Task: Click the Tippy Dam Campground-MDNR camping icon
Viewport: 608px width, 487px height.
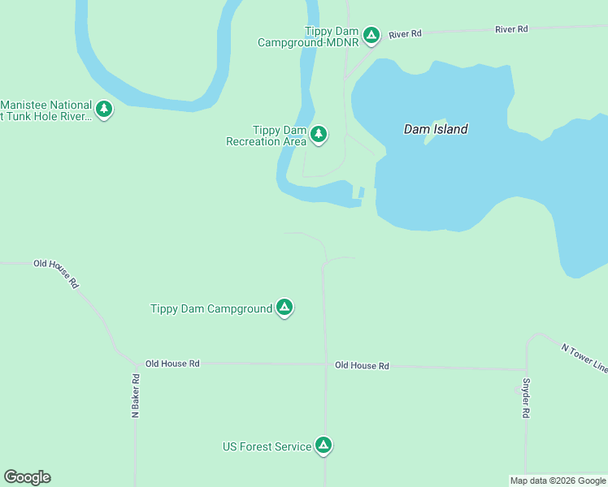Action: (371, 34)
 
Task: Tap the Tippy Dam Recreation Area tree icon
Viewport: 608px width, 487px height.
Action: (319, 134)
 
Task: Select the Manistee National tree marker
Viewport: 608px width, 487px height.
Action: (103, 108)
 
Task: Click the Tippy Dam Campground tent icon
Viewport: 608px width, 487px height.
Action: (284, 307)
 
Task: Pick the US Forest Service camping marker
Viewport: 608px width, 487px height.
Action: (324, 445)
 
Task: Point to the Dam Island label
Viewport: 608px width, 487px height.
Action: (436, 129)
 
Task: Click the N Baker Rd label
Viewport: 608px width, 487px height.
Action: (137, 396)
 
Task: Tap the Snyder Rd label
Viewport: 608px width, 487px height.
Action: (526, 399)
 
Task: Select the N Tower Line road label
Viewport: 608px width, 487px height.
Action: (584, 358)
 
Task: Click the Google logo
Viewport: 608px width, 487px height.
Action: (27, 477)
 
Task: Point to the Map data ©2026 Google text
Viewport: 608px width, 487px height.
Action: (558, 481)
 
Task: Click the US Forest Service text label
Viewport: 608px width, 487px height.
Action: (267, 446)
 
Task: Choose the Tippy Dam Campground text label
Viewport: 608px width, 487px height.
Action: (211, 308)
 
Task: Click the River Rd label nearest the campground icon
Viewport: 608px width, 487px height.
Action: (405, 34)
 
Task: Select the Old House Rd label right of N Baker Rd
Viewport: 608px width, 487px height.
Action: (172, 364)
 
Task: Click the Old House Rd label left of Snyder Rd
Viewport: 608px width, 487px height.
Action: (362, 366)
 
